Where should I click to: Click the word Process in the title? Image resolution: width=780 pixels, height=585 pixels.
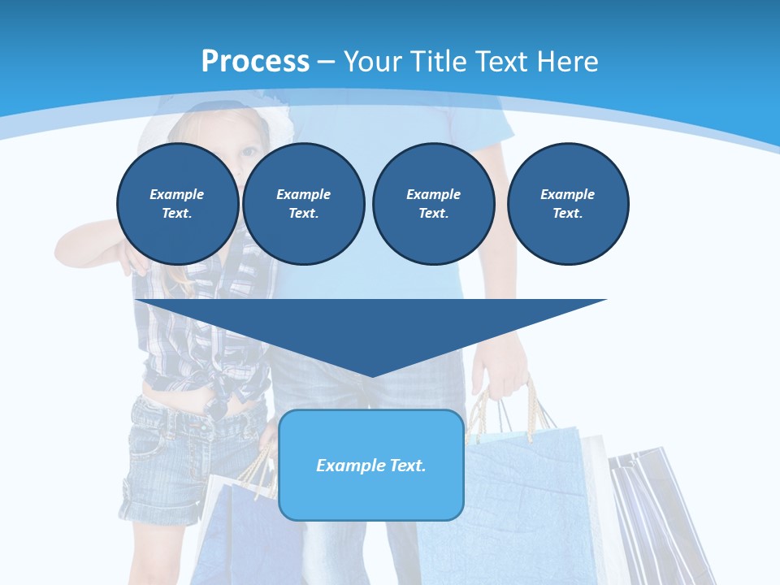click(255, 62)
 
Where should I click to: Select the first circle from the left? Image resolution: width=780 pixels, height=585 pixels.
click(177, 203)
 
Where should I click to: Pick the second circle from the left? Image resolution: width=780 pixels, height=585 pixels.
click(303, 203)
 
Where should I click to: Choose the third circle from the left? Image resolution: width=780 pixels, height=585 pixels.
click(433, 203)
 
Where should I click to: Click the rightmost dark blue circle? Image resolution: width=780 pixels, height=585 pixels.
click(567, 203)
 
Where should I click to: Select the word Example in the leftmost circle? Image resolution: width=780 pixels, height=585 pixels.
click(177, 194)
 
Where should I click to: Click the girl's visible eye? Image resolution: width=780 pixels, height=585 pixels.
click(249, 152)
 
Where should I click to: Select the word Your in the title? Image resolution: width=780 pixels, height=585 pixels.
click(370, 62)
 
